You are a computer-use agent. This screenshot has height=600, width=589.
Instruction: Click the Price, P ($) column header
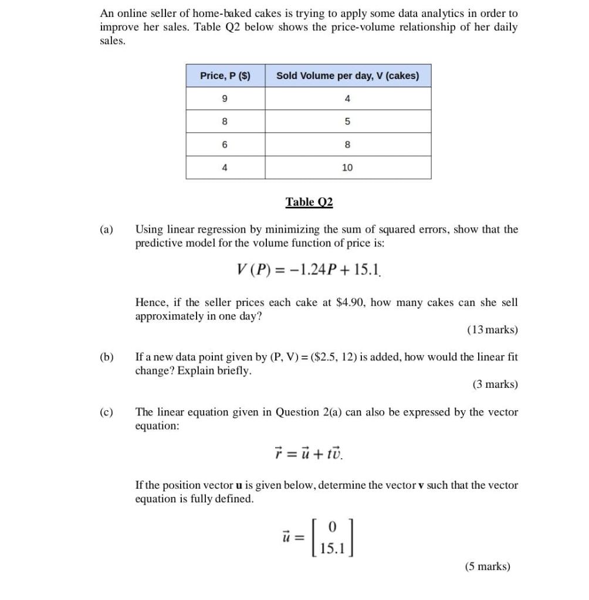[x=225, y=76]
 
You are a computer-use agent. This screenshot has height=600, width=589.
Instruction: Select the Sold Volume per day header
[x=347, y=76]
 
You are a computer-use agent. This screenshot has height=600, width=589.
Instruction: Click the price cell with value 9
[x=225, y=99]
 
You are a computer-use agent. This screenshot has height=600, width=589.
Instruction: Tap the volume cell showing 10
[x=347, y=168]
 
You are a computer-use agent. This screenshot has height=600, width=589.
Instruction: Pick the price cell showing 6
[x=225, y=145]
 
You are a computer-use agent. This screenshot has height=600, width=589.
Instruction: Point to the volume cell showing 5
[x=347, y=122]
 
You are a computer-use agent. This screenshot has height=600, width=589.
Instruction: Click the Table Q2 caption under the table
[x=309, y=202]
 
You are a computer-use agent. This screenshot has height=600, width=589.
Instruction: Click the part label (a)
[x=107, y=230]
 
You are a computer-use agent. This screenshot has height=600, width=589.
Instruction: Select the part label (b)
[x=107, y=357]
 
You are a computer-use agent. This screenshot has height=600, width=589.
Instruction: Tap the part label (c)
[x=107, y=412]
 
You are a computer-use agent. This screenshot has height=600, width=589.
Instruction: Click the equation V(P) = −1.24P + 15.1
[x=309, y=271]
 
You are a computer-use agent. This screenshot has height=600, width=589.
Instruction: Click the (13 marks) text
[x=493, y=330]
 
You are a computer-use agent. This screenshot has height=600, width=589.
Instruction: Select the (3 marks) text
[x=495, y=384]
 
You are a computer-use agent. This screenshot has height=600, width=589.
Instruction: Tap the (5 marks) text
[x=488, y=567]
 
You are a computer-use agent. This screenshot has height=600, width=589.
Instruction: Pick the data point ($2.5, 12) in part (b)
[x=328, y=357]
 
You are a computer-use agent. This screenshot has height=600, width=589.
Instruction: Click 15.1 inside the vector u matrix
[x=332, y=548]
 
